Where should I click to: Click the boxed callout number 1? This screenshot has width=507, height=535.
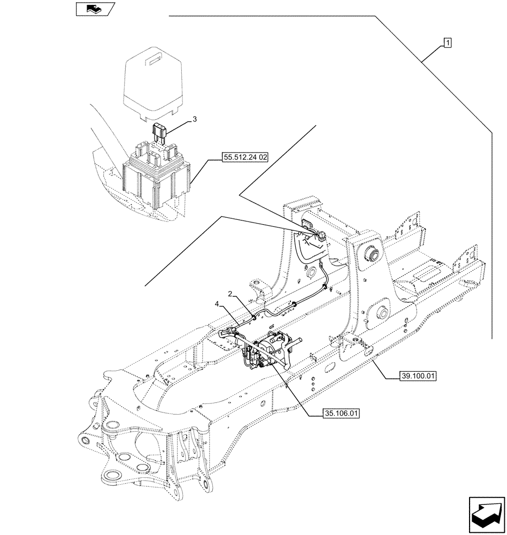[x=447, y=43]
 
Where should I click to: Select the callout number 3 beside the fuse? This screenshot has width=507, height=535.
[x=195, y=120]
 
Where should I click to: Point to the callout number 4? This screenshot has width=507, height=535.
[x=217, y=304]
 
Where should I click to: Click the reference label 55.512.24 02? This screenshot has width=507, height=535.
[x=245, y=157]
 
